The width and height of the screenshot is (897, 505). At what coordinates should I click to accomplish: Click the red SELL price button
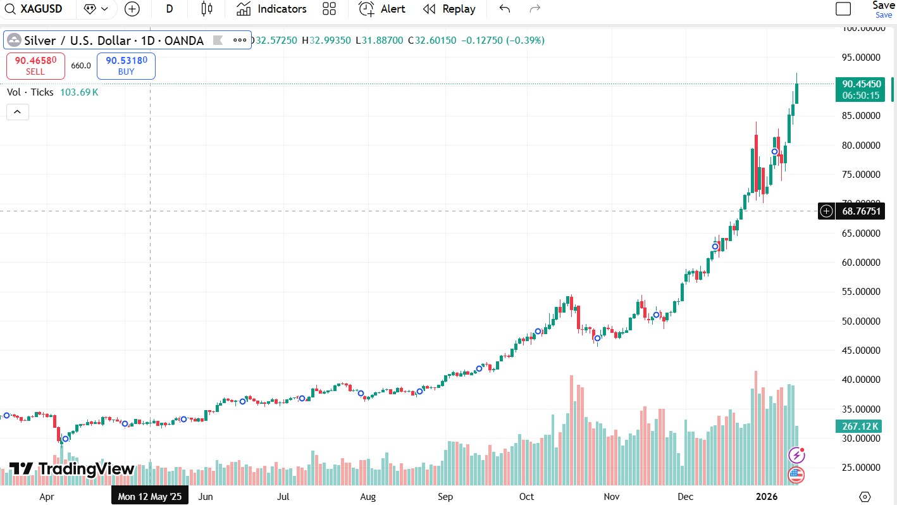pyautogui.click(x=35, y=66)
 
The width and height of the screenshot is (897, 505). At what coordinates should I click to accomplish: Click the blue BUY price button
pyautogui.click(x=126, y=66)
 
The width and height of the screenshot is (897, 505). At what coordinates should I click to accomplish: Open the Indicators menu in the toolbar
pyautogui.click(x=271, y=9)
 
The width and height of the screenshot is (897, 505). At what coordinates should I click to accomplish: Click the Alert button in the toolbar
pyautogui.click(x=382, y=9)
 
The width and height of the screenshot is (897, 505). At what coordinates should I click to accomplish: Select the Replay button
pyautogui.click(x=449, y=9)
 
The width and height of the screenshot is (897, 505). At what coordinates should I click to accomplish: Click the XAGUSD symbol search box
pyautogui.click(x=38, y=9)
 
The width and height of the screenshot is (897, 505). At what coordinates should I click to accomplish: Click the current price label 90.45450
pyautogui.click(x=861, y=84)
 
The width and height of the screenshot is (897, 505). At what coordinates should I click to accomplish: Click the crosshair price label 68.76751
pyautogui.click(x=860, y=211)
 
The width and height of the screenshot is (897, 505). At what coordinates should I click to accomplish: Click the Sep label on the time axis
pyautogui.click(x=445, y=497)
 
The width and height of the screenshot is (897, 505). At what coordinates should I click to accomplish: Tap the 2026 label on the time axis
pyautogui.click(x=768, y=497)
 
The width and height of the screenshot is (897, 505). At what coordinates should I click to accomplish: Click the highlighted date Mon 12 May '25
pyautogui.click(x=149, y=497)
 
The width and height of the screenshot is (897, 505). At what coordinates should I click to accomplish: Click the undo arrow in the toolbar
pyautogui.click(x=504, y=9)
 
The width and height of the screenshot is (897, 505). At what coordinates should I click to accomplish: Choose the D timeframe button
pyautogui.click(x=170, y=9)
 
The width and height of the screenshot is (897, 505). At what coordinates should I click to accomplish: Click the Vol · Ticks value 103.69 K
pyautogui.click(x=79, y=92)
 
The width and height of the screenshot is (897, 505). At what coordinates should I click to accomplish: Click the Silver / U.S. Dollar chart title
pyautogui.click(x=114, y=41)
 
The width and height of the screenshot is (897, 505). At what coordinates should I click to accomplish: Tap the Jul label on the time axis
pyautogui.click(x=283, y=497)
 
